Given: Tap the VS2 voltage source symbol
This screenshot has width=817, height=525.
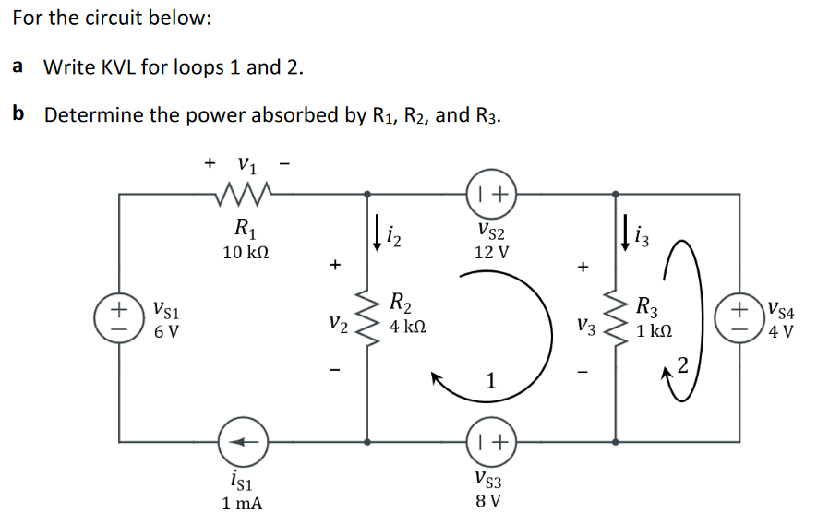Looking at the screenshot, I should tap(488, 194).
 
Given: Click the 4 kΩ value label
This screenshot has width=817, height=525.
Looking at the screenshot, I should tap(406, 327).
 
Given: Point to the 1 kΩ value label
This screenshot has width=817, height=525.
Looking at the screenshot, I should tap(655, 329).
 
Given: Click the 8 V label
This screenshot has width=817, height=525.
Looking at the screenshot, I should tap(488, 502).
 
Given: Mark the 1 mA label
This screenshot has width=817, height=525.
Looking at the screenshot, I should tap(243, 504).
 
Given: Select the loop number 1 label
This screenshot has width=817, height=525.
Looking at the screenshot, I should tap(491, 380).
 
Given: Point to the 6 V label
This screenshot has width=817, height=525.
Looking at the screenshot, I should tap(167, 330).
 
